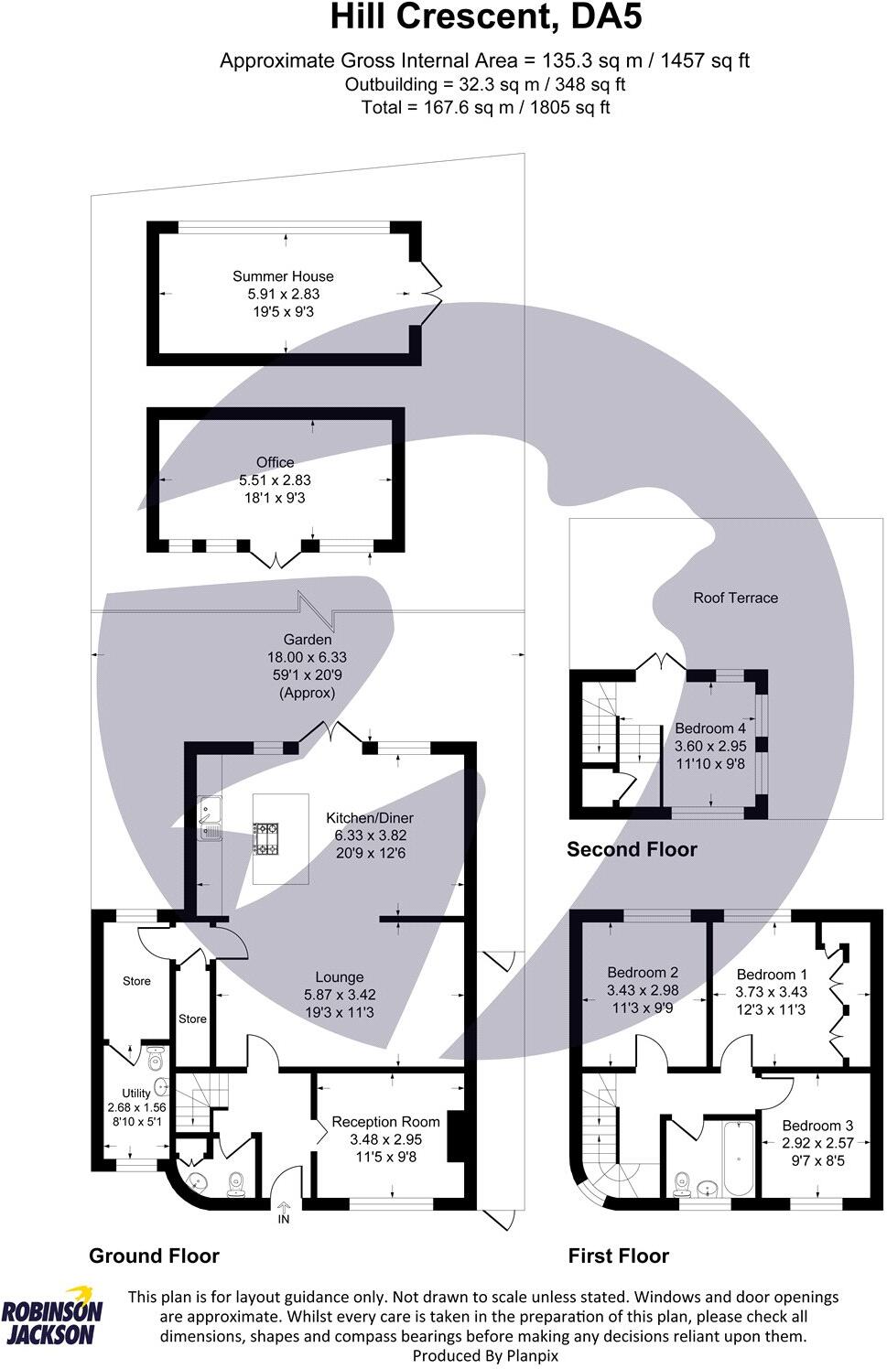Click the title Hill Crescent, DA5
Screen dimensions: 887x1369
click(486, 17)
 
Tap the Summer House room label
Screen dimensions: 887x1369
click(283, 276)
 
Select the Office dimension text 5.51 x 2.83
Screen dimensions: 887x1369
click(276, 480)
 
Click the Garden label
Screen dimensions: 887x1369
click(308, 640)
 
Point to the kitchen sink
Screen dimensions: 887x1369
click(210, 818)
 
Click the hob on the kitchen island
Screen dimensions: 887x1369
click(265, 838)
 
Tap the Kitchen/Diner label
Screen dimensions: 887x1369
click(370, 818)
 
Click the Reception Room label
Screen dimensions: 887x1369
click(385, 1122)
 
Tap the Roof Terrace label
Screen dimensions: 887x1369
click(735, 598)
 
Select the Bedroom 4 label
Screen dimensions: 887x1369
click(710, 728)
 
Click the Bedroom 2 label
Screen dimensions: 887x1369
click(643, 973)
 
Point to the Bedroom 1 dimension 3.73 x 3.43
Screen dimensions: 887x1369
click(771, 992)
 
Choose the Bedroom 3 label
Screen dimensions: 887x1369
click(818, 1126)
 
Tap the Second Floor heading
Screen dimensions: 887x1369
click(633, 849)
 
